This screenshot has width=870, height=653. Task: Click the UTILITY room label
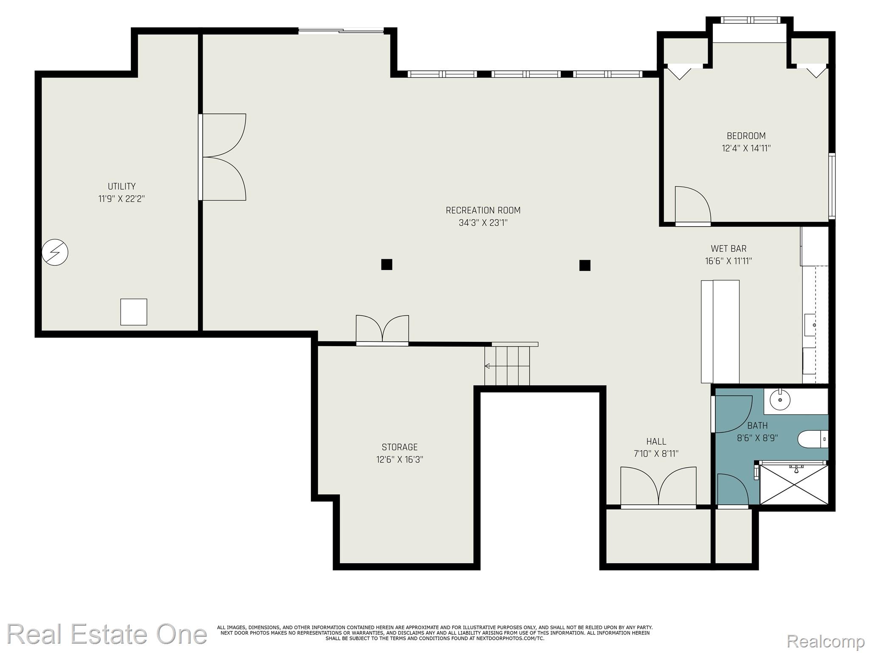121,186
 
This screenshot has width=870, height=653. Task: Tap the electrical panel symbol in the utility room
55,253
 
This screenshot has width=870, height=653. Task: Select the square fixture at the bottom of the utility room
133,312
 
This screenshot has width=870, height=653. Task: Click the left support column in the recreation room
387,264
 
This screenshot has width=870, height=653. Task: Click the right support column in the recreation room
585,265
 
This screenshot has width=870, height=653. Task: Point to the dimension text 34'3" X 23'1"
483,223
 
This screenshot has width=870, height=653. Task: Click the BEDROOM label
746,136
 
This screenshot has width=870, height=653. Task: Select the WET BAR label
729,249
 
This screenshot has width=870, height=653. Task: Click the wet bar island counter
720,332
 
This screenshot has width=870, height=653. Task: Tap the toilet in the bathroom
812,439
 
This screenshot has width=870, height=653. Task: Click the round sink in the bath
780,400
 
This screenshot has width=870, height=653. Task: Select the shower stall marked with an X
794,485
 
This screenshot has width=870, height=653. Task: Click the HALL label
656,441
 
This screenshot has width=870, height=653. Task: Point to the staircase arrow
487,366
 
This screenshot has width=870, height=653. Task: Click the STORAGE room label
399,447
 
